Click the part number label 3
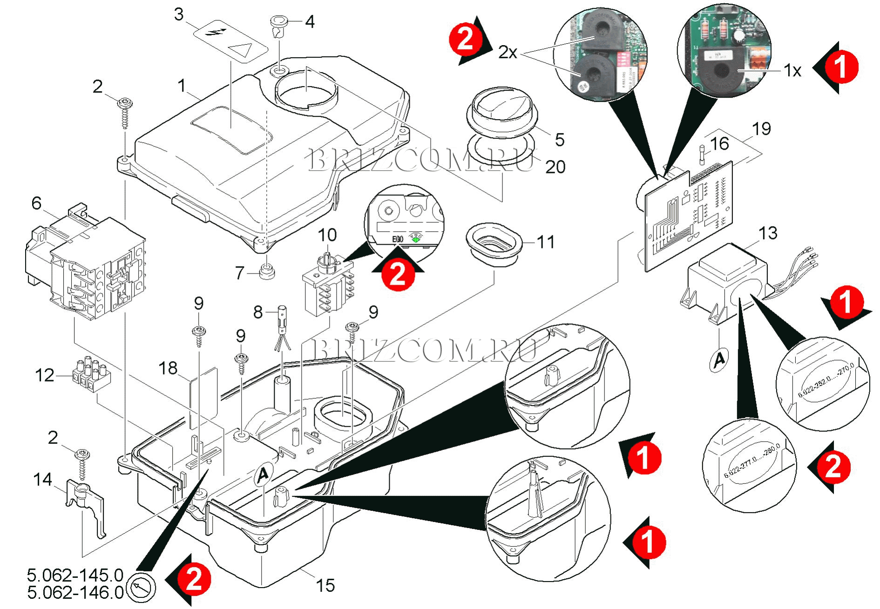click(x=179, y=14)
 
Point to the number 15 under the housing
click(x=325, y=585)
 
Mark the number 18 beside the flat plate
click(x=168, y=368)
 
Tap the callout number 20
click(x=555, y=167)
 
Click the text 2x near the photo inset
click(x=508, y=52)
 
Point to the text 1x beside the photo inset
click(x=792, y=71)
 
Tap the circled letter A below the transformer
click(x=719, y=359)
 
